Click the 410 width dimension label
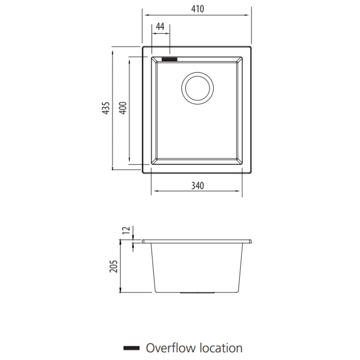tap(197, 9)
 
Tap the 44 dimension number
tap(160, 27)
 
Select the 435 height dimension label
tap(106, 108)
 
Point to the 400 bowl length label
tap(123, 108)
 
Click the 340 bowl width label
tap(197, 185)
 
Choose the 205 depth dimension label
tap(113, 266)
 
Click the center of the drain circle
tap(197, 88)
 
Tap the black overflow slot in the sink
tap(170, 59)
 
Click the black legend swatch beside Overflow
tap(131, 348)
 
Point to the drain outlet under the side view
tap(197, 293)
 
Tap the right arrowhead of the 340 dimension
tap(237, 191)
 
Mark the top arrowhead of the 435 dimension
tap(112, 53)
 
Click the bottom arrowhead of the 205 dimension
tap(120, 290)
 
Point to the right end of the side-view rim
tap(251, 242)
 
